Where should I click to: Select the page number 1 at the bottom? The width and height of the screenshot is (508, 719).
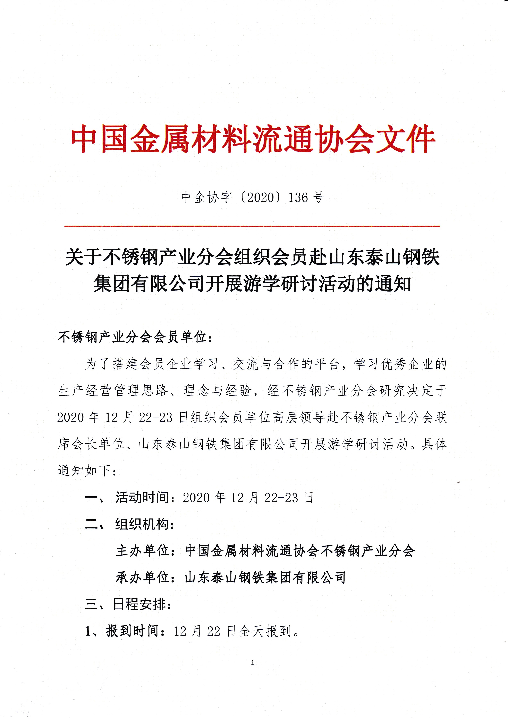pyautogui.click(x=252, y=663)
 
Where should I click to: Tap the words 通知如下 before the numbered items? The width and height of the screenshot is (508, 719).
pyautogui.click(x=84, y=470)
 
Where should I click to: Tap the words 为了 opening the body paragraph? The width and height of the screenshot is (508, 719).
pyautogui.click(x=98, y=364)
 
